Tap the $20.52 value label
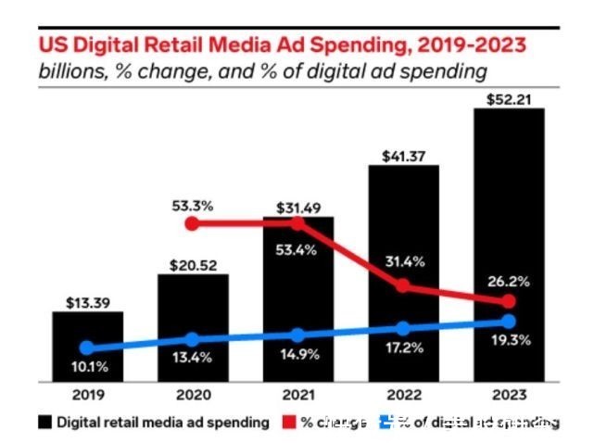(x=192, y=265)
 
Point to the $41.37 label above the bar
(x=403, y=154)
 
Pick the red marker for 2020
(x=192, y=224)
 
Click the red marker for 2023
(x=509, y=303)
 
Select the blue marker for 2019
(x=86, y=348)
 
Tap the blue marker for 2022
(x=403, y=328)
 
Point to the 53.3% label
(x=192, y=205)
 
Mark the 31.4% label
(x=403, y=262)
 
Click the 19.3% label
(x=509, y=342)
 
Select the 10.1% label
(x=86, y=368)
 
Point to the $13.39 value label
(x=86, y=302)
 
